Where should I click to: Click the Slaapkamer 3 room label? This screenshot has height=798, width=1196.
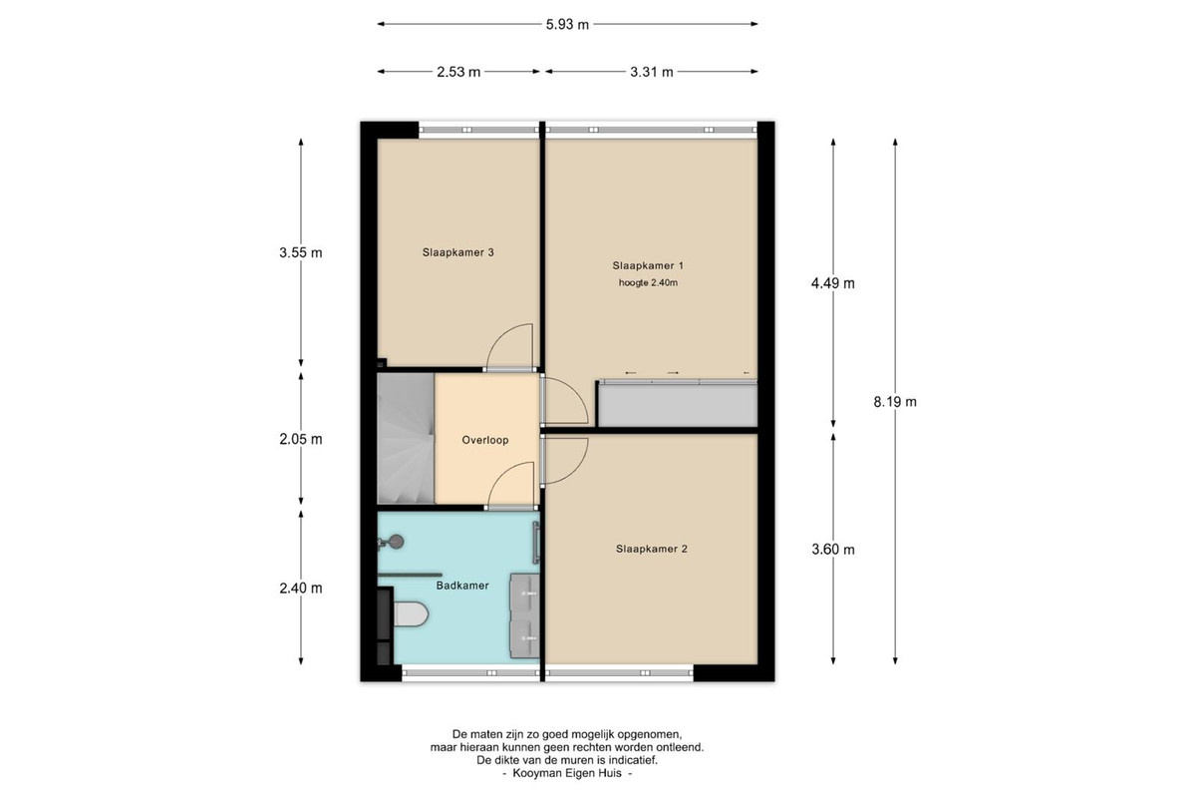tap(457, 252)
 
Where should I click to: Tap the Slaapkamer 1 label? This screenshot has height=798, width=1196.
tap(648, 265)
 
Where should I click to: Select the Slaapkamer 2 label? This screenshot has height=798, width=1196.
tap(652, 549)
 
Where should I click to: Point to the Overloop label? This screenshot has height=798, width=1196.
tap(484, 440)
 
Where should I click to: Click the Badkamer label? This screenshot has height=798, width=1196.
tap(462, 586)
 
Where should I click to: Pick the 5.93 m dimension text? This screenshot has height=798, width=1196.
tap(567, 25)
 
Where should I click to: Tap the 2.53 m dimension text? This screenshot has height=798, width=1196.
tap(458, 72)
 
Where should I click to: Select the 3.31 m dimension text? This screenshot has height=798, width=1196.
tap(652, 72)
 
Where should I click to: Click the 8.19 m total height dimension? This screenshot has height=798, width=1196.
tap(895, 402)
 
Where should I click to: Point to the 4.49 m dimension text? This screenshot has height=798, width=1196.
tap(833, 283)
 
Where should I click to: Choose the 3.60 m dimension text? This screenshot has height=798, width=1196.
tap(833, 550)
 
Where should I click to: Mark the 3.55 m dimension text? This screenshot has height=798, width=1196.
tap(301, 252)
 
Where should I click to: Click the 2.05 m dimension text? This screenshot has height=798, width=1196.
tap(301, 439)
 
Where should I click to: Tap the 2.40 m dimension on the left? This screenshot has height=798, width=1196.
tap(301, 588)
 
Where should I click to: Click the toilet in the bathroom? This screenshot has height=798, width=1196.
tap(410, 613)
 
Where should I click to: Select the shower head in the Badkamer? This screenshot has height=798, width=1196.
tap(396, 542)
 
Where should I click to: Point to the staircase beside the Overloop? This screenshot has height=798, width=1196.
tap(406, 438)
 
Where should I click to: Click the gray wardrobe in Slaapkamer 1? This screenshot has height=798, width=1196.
tap(677, 404)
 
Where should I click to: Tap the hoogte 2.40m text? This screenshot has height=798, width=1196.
tap(648, 282)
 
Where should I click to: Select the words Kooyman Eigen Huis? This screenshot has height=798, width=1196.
tap(567, 773)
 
